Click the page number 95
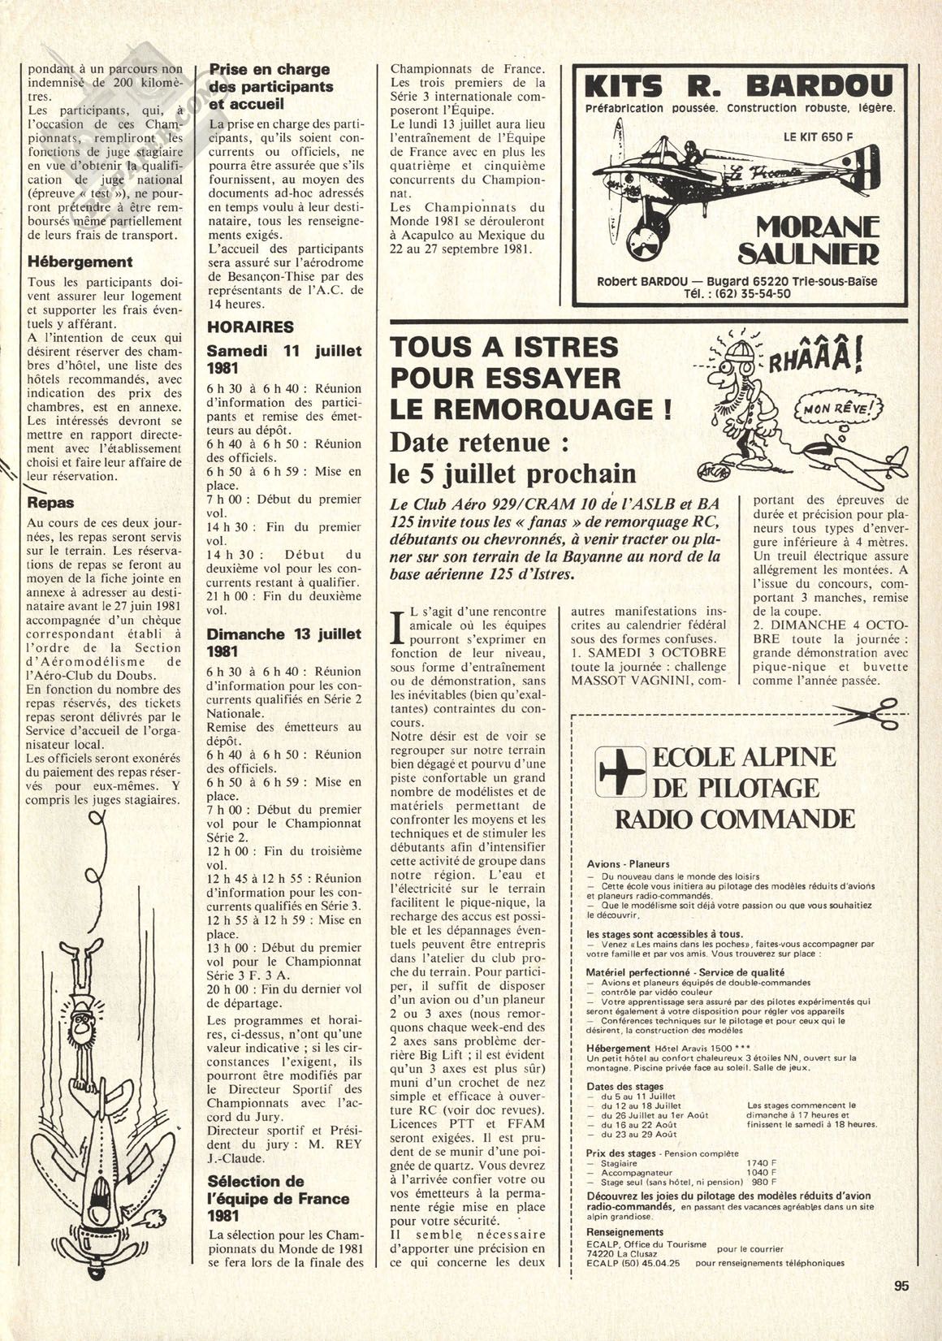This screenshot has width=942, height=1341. click(900, 1308)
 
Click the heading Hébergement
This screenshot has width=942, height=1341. click(80, 262)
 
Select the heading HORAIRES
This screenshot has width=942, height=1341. click(250, 327)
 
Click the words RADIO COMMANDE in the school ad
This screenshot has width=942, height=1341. click(734, 817)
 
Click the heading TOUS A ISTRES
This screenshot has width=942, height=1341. click(504, 348)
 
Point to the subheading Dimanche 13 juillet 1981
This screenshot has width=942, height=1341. click(283, 642)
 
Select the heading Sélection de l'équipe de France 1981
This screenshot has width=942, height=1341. click(278, 1198)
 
